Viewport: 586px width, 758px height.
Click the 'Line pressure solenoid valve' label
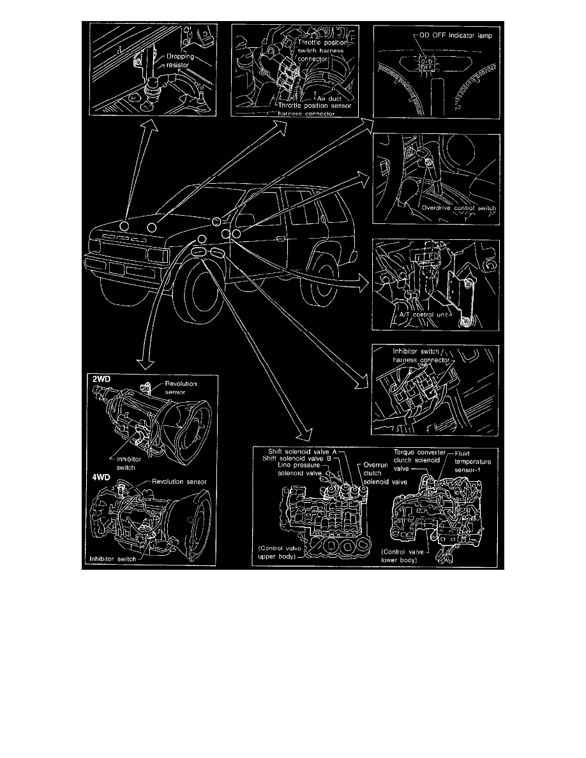[x=302, y=469]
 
